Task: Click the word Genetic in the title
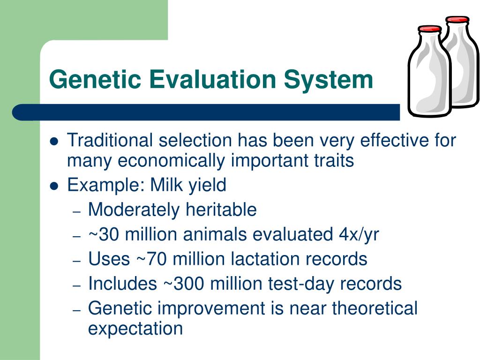click(x=95, y=79)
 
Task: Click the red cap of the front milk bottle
click(x=430, y=29)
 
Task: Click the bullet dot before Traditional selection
click(x=54, y=142)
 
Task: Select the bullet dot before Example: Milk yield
click(x=54, y=186)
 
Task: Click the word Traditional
click(x=110, y=140)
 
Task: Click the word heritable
click(x=221, y=210)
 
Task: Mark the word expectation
click(x=135, y=329)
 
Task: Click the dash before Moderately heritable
click(x=76, y=212)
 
